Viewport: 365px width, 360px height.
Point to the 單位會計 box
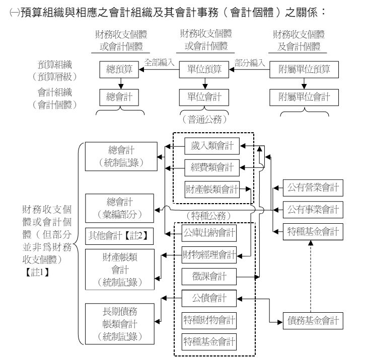coord(200,96)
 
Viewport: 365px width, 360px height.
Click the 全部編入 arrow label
coord(159,62)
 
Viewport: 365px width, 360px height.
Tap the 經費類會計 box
coord(211,166)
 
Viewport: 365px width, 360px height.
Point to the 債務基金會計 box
coord(312,320)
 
